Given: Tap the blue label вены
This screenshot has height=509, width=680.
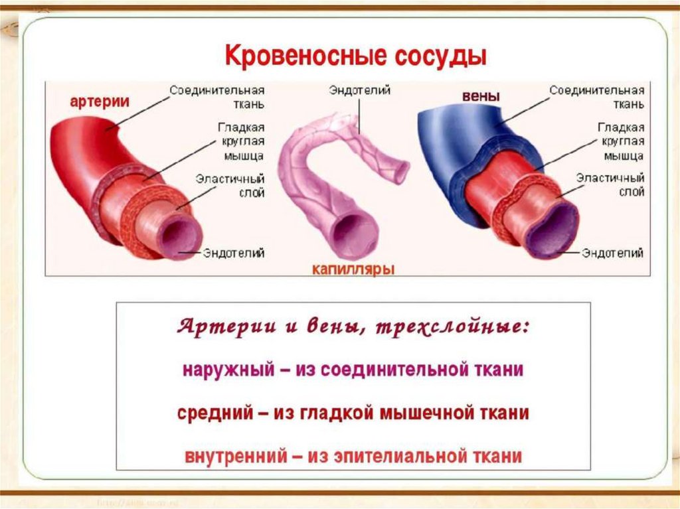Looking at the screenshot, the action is [x=481, y=96].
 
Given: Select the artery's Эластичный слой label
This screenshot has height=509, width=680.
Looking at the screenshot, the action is [x=230, y=186].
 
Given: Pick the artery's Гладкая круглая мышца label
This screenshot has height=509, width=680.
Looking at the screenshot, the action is [x=240, y=141].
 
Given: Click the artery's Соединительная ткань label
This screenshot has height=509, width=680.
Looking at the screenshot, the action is [x=217, y=97].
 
